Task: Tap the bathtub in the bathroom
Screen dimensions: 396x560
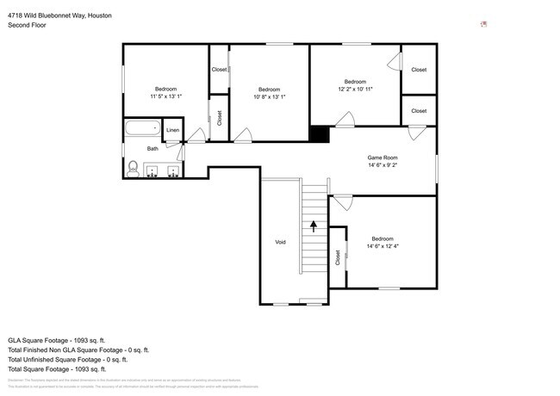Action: point(142,129)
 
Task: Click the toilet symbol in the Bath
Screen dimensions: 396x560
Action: point(133,168)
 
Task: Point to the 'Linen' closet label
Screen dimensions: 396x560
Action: point(173,130)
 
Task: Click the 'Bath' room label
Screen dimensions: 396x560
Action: point(152,149)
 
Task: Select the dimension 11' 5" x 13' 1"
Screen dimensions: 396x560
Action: point(165,97)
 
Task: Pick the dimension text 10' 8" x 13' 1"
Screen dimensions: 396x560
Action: point(270,97)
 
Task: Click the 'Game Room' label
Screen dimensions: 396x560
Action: point(383,158)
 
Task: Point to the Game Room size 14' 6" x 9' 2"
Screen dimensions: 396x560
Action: point(383,165)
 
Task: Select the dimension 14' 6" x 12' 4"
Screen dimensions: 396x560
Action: point(383,247)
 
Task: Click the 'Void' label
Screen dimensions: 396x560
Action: point(280,242)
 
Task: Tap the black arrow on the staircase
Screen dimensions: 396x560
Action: point(314,226)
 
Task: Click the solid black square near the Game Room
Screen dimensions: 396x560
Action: point(319,134)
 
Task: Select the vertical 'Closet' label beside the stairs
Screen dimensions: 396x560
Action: point(338,257)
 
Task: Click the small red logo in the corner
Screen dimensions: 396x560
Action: point(483,24)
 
